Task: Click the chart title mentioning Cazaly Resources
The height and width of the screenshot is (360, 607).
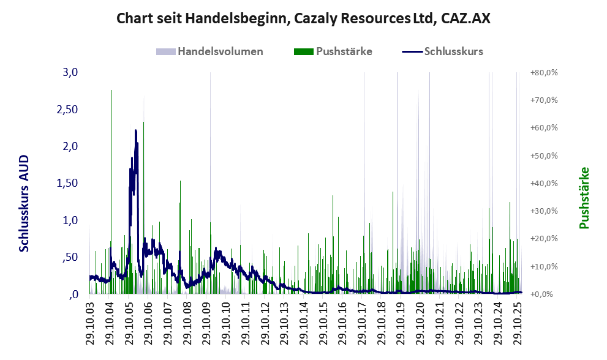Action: pos(303,19)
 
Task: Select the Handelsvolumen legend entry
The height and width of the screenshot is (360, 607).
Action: pos(220,51)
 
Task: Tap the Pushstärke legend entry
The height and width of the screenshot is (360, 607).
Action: pos(344,51)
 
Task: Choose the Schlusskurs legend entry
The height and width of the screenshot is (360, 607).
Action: pos(453,51)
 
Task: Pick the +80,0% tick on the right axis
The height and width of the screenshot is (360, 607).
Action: pos(543,72)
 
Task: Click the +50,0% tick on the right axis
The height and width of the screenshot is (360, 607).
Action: pos(543,156)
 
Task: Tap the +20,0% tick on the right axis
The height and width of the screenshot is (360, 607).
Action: pos(543,239)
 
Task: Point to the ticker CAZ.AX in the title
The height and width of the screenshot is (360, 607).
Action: pos(466,19)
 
